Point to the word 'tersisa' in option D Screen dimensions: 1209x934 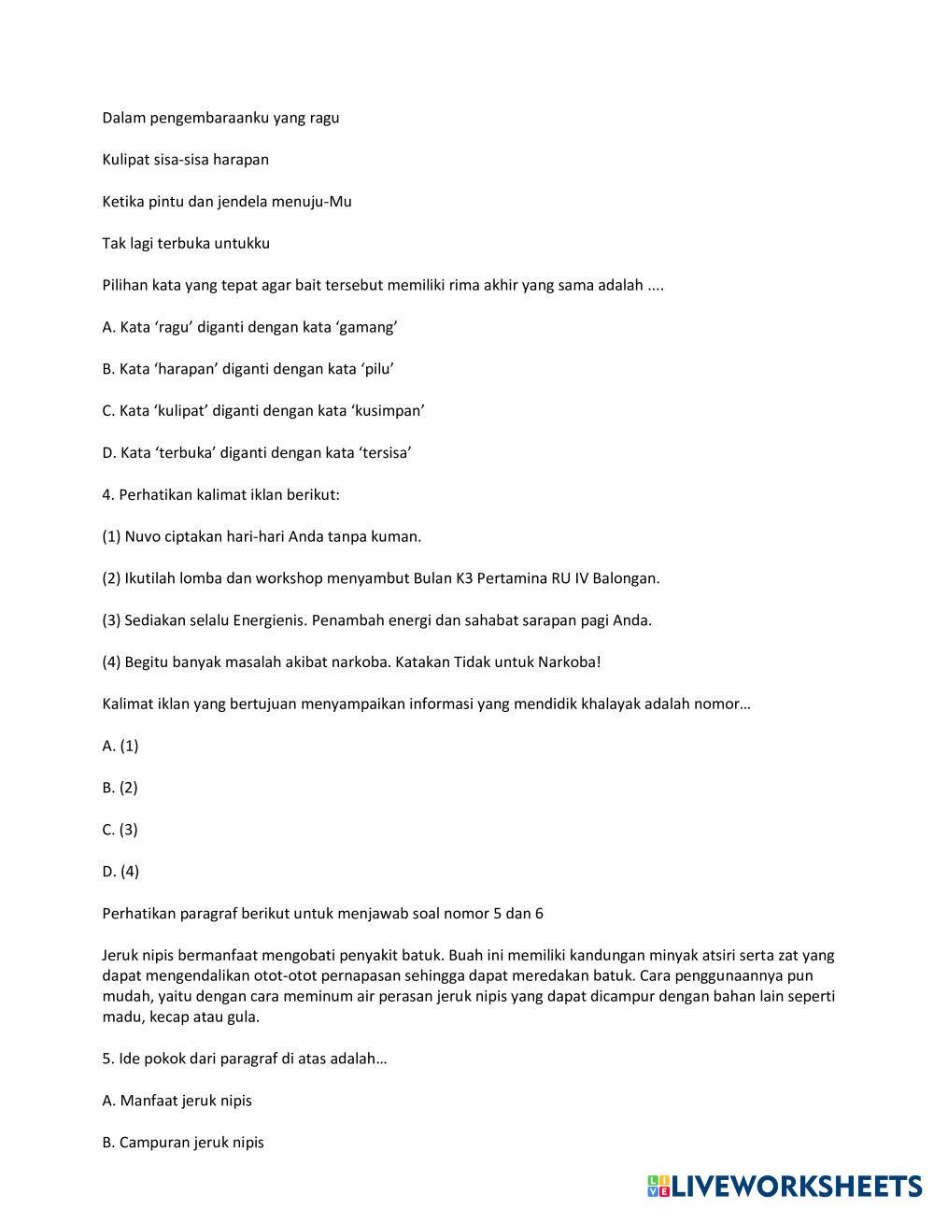386,453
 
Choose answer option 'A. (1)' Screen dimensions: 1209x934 120,746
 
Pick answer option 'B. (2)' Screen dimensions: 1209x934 120,788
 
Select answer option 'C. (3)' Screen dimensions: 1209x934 120,830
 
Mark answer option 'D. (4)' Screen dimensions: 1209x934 120,872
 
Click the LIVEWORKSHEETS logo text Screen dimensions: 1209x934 796,1186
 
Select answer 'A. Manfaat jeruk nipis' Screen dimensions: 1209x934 177,1101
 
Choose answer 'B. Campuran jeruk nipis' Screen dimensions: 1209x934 183,1143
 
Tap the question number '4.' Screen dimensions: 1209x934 108,495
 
